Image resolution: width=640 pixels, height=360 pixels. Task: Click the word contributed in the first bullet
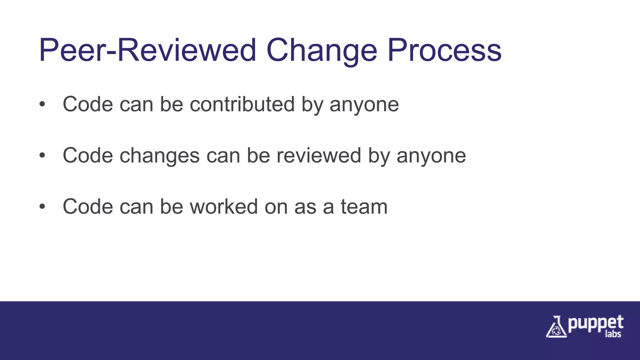[242, 104]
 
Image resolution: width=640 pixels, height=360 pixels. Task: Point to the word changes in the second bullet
[159, 156]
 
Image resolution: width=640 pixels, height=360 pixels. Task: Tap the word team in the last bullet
[364, 207]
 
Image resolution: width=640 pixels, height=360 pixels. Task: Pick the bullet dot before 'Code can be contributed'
[42, 104]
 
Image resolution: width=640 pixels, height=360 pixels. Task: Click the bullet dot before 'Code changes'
[42, 155]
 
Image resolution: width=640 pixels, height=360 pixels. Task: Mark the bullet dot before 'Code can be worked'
[42, 207]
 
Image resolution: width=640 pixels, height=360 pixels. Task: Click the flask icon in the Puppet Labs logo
[556, 327]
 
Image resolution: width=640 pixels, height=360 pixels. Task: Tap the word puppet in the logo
[596, 324]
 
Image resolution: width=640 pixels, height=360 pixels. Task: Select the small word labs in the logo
[613, 334]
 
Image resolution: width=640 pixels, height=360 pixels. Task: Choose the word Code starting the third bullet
[88, 207]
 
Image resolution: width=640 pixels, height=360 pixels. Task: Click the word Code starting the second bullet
[88, 155]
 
